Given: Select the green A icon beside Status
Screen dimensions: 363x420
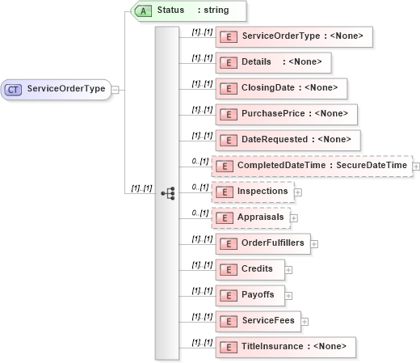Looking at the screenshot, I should (142, 11).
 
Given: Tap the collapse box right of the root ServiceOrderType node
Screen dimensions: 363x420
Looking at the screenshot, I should (115, 89).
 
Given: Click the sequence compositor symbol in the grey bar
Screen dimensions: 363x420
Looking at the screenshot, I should (168, 193).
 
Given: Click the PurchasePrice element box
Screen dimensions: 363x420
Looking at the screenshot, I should (286, 114).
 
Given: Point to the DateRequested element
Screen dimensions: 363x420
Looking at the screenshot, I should (287, 140).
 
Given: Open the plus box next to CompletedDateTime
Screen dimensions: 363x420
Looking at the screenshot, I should (416, 167).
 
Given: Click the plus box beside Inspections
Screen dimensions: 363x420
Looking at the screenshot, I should (298, 192).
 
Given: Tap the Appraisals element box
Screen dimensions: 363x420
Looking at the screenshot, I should (250, 217).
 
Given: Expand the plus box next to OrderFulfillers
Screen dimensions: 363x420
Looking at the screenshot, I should (314, 243).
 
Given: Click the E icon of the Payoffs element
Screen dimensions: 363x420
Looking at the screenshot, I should (228, 295).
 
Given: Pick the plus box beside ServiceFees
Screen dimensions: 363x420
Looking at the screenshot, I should (304, 321).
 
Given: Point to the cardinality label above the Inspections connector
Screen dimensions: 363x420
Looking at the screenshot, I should (199, 186).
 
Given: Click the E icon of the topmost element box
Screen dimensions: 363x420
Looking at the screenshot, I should (228, 36).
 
